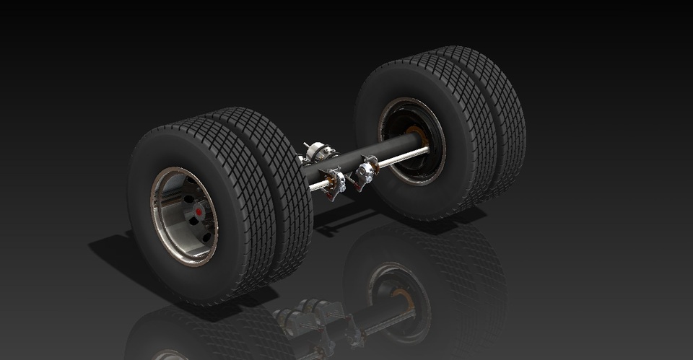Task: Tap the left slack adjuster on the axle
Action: click(334, 180)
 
